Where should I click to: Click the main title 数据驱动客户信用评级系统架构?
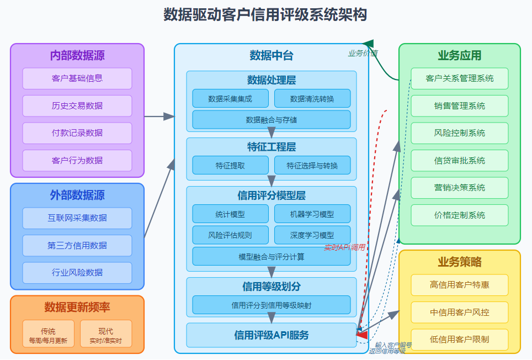265,15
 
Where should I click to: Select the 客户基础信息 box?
77,78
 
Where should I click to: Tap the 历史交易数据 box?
77,106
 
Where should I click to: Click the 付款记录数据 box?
77,133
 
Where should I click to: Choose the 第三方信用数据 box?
77,246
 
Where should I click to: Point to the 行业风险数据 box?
77,273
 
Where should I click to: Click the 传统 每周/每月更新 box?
48,335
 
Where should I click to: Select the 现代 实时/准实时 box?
106,335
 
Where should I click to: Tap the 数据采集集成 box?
230,99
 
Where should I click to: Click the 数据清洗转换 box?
312,99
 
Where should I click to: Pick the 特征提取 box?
230,165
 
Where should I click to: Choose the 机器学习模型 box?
312,214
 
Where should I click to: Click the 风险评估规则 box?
230,235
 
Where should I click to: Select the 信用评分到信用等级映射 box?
272,305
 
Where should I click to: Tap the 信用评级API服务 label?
272,335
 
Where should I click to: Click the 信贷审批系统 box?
460,161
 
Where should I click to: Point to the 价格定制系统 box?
460,215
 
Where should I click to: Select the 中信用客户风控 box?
460,313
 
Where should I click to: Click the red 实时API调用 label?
344,247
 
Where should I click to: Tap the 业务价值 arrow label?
363,54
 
